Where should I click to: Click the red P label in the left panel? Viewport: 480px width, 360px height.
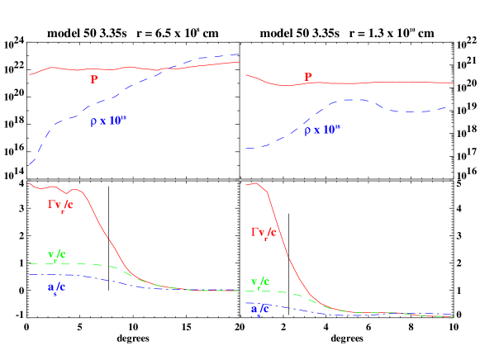(94, 80)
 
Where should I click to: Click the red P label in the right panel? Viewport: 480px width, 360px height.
(308, 77)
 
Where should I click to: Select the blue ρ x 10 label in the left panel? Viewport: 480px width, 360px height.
(107, 121)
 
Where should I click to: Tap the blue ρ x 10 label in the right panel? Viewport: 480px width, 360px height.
(321, 130)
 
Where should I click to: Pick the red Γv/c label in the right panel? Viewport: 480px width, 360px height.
(264, 233)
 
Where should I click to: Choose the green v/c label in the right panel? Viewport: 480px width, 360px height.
(259, 283)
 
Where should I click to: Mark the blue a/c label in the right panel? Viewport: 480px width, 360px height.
(259, 309)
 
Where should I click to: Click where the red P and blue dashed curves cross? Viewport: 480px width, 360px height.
(166, 68)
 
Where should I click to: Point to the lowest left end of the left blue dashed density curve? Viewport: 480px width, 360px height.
(30, 164)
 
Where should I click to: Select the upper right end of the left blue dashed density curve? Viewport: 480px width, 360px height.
(240, 54)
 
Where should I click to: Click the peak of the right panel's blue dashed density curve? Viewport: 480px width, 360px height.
(354, 99)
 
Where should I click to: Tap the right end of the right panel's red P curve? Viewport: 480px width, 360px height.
(453, 83)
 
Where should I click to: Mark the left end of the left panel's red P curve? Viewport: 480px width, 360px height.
(30, 75)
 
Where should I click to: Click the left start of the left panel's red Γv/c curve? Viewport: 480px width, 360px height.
(30, 183)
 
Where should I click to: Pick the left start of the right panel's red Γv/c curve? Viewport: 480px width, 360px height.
(246, 183)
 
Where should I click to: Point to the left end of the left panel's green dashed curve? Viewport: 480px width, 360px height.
(30, 263)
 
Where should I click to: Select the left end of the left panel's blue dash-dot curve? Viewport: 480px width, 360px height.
(30, 274)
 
